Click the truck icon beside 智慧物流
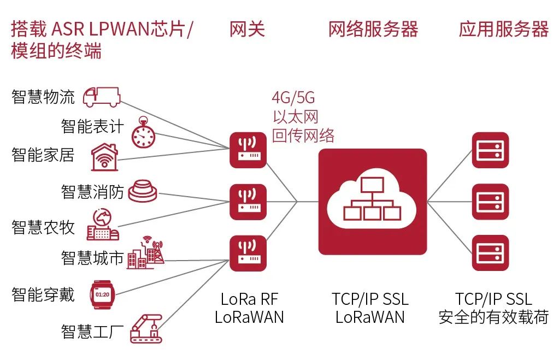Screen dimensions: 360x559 click(x=101, y=97)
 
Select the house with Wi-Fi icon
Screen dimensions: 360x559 click(x=105, y=157)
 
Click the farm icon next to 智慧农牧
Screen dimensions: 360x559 click(x=102, y=226)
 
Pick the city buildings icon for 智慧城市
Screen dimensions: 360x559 click(x=145, y=253)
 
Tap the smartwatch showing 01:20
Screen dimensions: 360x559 click(x=102, y=294)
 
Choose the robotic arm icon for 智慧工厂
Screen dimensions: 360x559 click(x=146, y=327)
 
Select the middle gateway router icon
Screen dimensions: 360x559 click(x=248, y=202)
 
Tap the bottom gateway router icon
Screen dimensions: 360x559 click(x=248, y=253)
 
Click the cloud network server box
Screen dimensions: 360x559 click(x=372, y=202)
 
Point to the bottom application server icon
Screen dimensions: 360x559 click(x=490, y=253)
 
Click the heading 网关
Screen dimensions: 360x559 click(x=247, y=29)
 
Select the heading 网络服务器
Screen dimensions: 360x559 click(x=373, y=29)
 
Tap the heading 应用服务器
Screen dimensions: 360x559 click(x=503, y=29)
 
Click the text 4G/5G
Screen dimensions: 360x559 click(x=293, y=98)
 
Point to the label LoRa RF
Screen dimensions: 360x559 click(x=249, y=299)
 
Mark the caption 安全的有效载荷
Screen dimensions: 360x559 click(x=493, y=317)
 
